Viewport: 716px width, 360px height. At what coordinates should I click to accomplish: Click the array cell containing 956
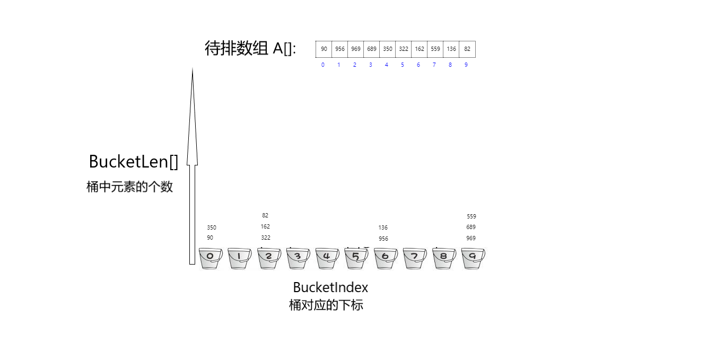(339, 49)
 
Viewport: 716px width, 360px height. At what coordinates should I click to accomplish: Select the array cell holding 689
(371, 49)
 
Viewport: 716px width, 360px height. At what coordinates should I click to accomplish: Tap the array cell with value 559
(435, 49)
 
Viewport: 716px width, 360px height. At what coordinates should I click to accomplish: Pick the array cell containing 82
(467, 49)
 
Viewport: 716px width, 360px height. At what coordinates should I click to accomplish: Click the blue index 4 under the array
(387, 65)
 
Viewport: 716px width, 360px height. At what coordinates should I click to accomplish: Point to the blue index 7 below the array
(434, 65)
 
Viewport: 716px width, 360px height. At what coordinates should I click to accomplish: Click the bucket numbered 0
(211, 258)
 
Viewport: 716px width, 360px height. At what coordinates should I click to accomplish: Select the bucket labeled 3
(298, 258)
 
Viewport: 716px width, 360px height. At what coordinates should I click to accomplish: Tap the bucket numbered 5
(356, 258)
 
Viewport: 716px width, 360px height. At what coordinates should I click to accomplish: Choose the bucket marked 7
(415, 258)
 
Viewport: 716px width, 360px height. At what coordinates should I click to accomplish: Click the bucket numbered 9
(473, 258)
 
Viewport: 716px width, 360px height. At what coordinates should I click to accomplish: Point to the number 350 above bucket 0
(212, 227)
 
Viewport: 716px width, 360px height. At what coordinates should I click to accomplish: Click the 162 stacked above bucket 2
(265, 226)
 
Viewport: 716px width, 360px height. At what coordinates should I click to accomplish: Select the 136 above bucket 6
(383, 227)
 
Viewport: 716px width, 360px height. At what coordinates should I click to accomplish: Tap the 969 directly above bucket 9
(471, 238)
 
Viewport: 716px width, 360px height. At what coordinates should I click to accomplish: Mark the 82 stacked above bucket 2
(265, 215)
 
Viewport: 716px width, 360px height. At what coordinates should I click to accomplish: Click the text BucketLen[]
(134, 162)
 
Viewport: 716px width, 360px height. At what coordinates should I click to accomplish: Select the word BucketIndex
(330, 287)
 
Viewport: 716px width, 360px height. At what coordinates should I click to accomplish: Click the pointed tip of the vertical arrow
(193, 68)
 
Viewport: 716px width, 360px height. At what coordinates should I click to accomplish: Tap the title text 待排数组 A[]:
(250, 49)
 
